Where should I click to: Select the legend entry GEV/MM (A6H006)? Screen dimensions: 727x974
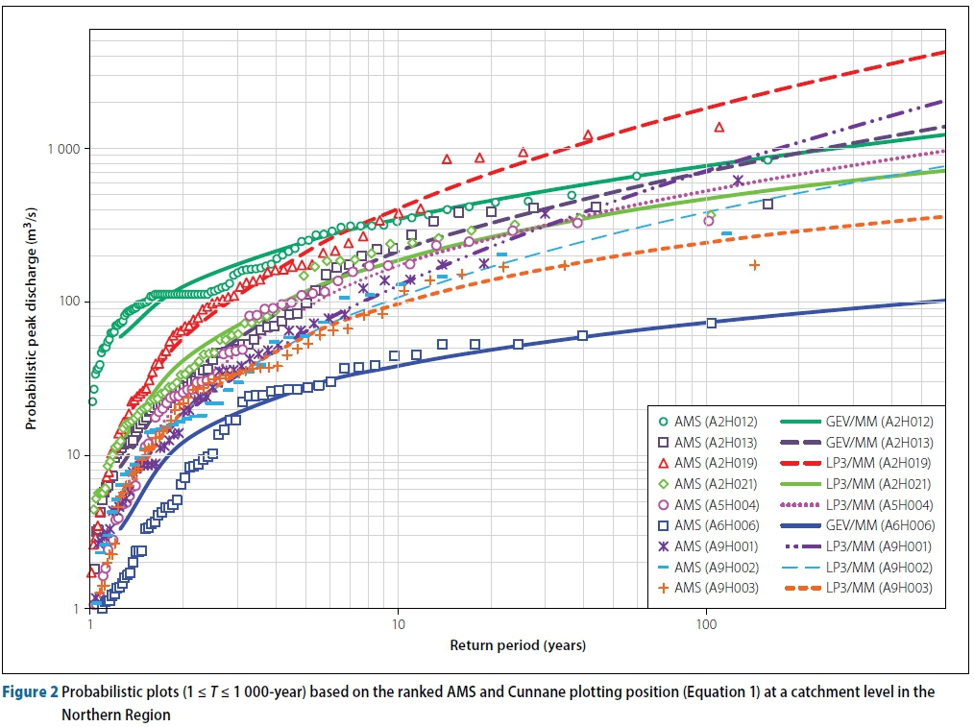877,525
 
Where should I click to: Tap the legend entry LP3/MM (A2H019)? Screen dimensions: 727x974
877,463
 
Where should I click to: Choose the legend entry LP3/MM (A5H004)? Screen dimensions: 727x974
877,505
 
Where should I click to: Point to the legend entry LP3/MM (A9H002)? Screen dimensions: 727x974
877,568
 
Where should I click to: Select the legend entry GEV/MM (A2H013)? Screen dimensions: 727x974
877,443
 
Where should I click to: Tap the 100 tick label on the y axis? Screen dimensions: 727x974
68,303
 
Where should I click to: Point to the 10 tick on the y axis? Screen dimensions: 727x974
72,455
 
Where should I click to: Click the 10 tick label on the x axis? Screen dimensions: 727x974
398,625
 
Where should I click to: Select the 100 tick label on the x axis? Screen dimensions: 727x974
706,625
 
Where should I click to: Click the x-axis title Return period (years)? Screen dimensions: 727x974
518,644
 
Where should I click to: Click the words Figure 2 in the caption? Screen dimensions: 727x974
32,691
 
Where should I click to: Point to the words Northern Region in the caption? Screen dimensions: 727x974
115,715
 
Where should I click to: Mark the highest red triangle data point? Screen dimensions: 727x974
719,127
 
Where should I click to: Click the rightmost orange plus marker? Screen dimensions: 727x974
754,264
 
